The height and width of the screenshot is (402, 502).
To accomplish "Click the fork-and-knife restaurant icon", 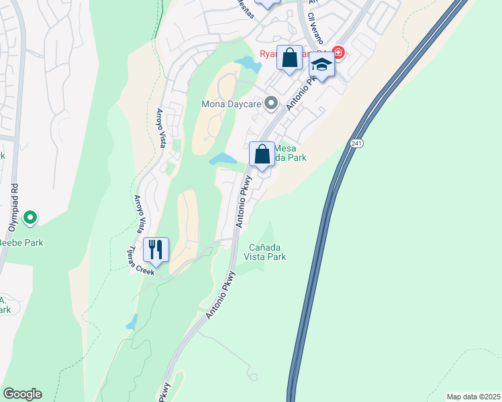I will tap(156, 250).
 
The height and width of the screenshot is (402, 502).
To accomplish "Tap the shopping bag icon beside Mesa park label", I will tap(262, 155).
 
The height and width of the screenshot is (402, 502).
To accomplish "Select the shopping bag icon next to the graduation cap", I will tap(289, 58).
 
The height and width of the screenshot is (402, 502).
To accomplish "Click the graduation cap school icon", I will tap(321, 66).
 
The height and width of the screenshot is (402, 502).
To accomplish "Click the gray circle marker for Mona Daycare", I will tap(271, 103).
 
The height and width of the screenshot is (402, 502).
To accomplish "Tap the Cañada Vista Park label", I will tap(267, 251).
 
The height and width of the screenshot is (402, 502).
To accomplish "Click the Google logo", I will tap(22, 394).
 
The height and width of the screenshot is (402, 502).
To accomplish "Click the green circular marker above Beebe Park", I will tap(30, 218).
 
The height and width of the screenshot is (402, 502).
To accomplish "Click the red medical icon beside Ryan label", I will tap(338, 52).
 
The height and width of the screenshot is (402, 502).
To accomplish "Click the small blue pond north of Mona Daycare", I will tap(248, 64).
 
